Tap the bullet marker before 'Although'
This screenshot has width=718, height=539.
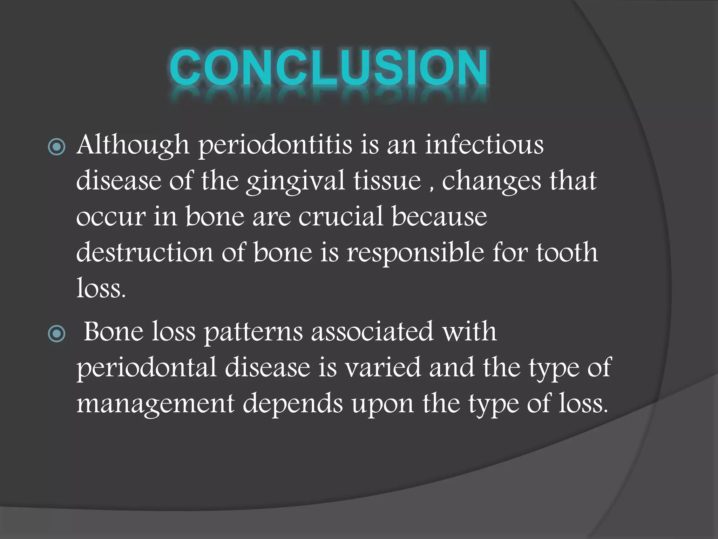(56, 147)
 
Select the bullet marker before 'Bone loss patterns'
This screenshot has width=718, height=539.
(56, 333)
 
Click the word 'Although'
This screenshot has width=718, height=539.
(133, 145)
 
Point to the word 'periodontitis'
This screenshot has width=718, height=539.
(275, 145)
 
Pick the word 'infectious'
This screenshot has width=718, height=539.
(484, 145)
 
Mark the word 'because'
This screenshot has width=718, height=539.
(439, 217)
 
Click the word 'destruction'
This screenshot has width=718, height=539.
(144, 253)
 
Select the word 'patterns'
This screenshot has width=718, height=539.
(253, 332)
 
